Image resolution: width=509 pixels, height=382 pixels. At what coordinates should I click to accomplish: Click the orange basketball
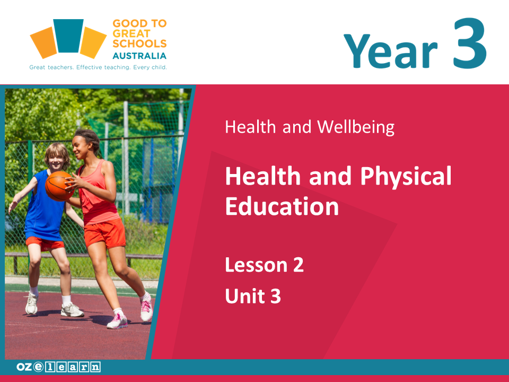tap(59, 186)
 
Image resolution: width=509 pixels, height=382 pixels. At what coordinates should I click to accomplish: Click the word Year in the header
tap(391, 51)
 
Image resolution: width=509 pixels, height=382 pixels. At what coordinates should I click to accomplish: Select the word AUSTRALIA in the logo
tap(139, 56)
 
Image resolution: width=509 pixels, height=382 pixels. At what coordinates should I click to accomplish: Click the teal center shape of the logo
tap(68, 36)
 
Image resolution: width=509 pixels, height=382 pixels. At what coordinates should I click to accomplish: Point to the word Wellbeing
tap(356, 127)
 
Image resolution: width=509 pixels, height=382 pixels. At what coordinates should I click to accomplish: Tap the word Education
tap(282, 206)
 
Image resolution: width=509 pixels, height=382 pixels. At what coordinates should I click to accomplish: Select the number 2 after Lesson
tap(299, 265)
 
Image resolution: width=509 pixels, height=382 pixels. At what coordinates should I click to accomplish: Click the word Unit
tap(245, 296)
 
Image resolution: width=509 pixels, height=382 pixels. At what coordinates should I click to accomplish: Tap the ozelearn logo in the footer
tap(58, 367)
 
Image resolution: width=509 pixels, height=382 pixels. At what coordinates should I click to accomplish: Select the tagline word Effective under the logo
tap(89, 67)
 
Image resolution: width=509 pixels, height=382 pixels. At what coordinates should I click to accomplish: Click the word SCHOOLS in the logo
tap(139, 44)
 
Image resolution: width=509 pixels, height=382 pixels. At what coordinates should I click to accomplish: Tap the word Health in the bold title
tap(263, 176)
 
